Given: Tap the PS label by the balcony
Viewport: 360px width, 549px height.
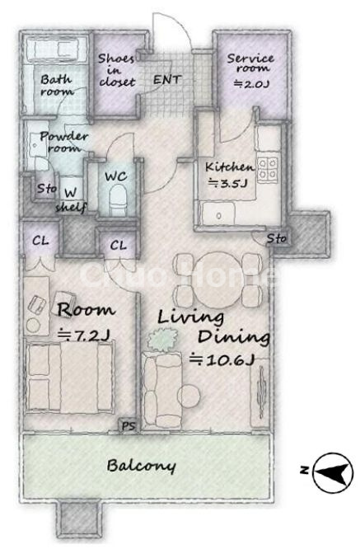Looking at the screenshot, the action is pyautogui.click(x=129, y=426).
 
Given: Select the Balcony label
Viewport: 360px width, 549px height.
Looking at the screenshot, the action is pyautogui.click(x=141, y=467).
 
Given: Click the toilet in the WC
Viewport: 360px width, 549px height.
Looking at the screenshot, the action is pyautogui.click(x=117, y=199).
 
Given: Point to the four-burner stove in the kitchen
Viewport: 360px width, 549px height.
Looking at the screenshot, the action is pyautogui.click(x=268, y=170).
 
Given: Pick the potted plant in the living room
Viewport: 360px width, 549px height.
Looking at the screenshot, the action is pyautogui.click(x=161, y=340).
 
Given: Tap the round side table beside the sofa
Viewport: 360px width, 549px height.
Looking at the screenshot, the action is pyautogui.click(x=189, y=396).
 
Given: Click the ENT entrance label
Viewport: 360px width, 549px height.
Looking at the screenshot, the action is pyautogui.click(x=167, y=80).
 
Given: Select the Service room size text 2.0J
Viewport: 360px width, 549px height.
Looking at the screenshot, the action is pyautogui.click(x=251, y=84).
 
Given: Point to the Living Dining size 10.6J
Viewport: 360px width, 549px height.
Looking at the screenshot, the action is pyautogui.click(x=222, y=359).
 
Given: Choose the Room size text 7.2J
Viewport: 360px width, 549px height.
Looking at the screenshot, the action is pyautogui.click(x=84, y=335).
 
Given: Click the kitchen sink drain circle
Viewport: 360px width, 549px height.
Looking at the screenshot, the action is pyautogui.click(x=219, y=216).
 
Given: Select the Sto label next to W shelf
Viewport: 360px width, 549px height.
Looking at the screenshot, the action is pyautogui.click(x=46, y=189).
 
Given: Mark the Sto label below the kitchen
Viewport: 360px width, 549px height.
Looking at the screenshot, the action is pyautogui.click(x=277, y=239).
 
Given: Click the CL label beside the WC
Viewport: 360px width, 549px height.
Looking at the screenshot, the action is pyautogui.click(x=119, y=246).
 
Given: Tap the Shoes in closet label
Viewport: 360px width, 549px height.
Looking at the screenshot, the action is pyautogui.click(x=117, y=70).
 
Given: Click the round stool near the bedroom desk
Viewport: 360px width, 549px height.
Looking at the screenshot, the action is pyautogui.click(x=33, y=326).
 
